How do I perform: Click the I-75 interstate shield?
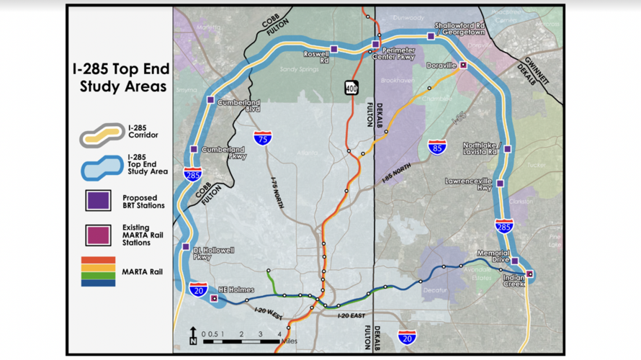pyautogui.click(x=264, y=138)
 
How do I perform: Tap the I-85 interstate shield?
pyautogui.click(x=436, y=148)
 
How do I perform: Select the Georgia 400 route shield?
pyautogui.click(x=351, y=87)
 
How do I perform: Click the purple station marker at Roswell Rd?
pyautogui.click(x=333, y=49)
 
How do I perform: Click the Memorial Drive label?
pyautogui.click(x=493, y=256)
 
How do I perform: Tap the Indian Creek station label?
pyautogui.click(x=514, y=281)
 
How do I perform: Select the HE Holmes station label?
pyautogui.click(x=236, y=290)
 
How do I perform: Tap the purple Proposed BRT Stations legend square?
pyautogui.click(x=98, y=200)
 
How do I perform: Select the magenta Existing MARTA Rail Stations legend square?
pyautogui.click(x=98, y=235)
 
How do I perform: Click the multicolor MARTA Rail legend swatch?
pyautogui.click(x=98, y=271)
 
